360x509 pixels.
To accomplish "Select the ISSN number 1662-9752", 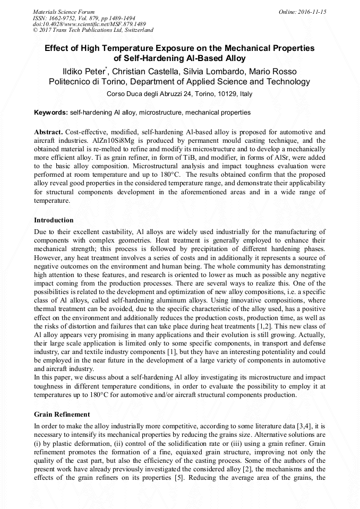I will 68,18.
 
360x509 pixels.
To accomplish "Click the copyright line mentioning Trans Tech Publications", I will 93,30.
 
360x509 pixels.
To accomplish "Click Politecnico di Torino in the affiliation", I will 87,82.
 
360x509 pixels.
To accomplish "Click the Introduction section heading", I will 54,220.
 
